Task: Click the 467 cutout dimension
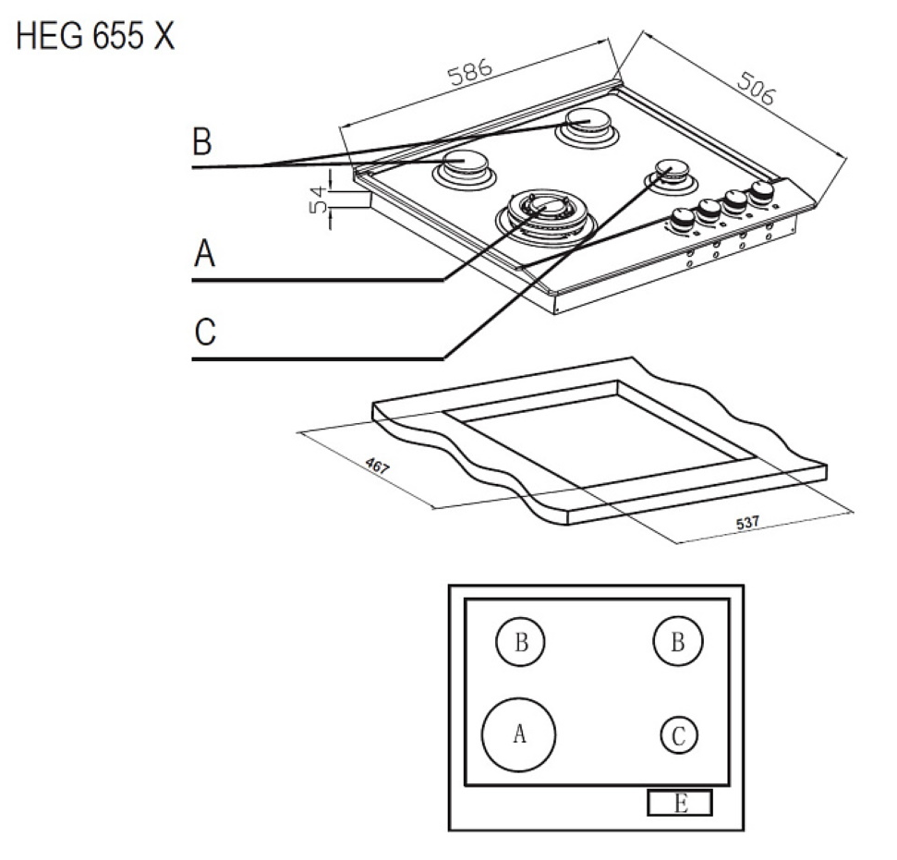(377, 466)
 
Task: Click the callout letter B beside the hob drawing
(201, 143)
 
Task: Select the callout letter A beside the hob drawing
(204, 252)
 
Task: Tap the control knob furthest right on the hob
(762, 192)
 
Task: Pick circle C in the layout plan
(679, 735)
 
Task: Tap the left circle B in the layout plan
(521, 643)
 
